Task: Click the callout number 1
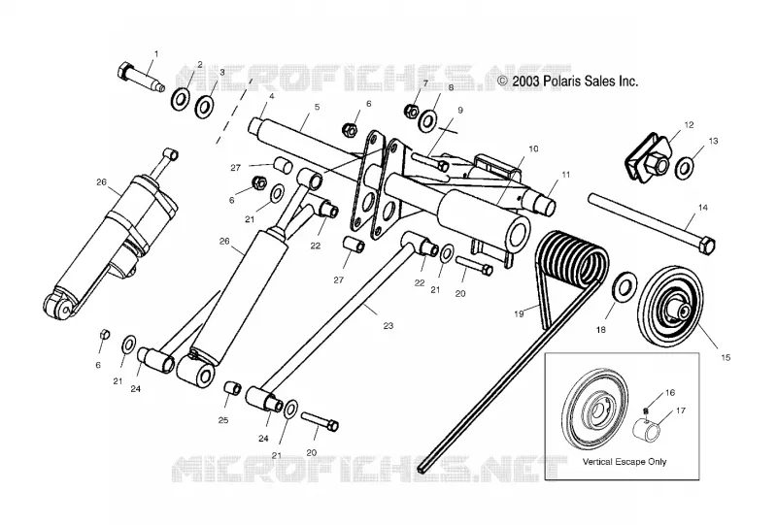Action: (156, 53)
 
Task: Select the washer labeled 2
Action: (180, 100)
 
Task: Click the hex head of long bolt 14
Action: (709, 246)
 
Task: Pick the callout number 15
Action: (726, 357)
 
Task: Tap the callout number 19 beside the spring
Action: (519, 314)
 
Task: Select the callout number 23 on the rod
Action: (388, 325)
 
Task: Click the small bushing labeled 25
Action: (233, 387)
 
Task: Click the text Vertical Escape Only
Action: (625, 462)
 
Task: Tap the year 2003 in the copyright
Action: (525, 82)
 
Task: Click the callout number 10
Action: (533, 148)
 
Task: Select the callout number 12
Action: (689, 125)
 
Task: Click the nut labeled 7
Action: (412, 111)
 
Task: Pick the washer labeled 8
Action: (427, 121)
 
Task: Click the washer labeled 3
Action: (204, 107)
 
